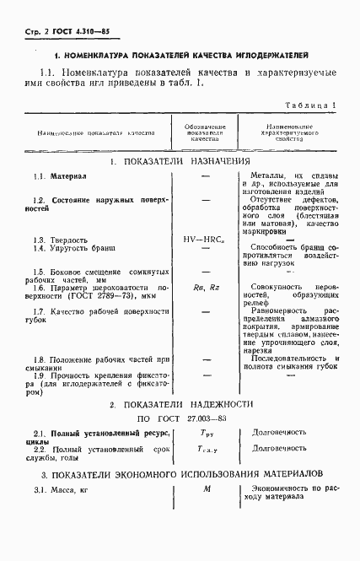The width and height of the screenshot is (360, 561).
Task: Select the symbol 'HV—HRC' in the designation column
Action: (206, 239)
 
